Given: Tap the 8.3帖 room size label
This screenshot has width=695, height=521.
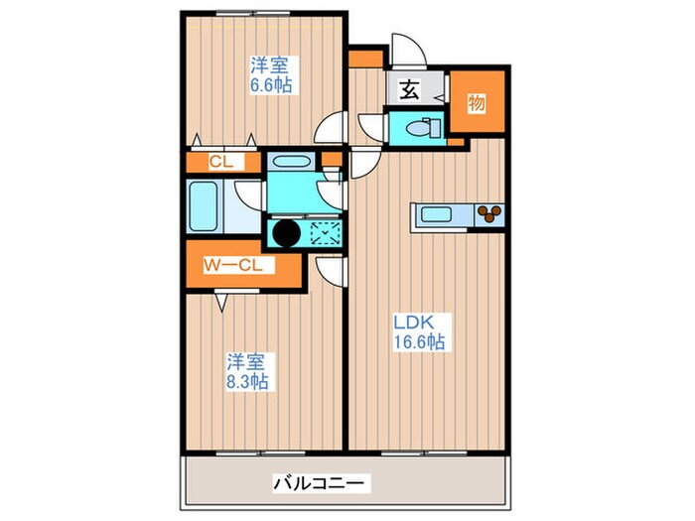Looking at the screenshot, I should tap(249, 380).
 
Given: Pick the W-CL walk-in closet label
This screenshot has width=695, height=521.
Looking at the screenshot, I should tap(232, 265).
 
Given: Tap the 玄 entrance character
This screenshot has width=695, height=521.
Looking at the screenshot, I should tap(408, 89).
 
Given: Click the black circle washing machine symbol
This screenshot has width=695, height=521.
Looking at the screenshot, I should tap(286, 234).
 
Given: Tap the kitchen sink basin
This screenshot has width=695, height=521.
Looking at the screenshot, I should tap(436, 212).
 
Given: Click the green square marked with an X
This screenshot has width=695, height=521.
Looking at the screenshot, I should tap(326, 234).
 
